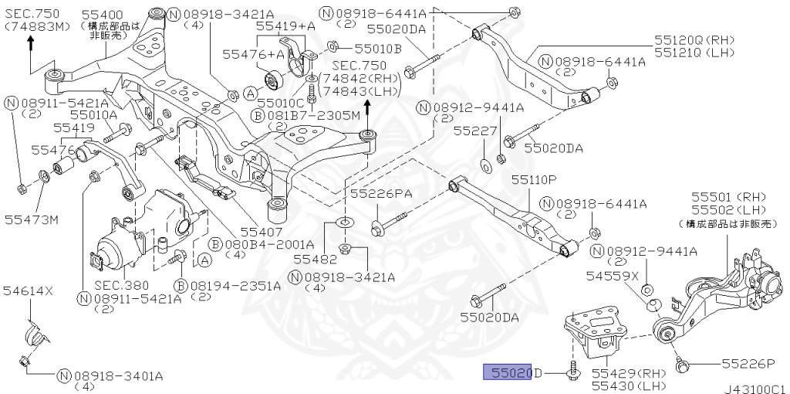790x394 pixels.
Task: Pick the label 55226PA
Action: [x=381, y=193]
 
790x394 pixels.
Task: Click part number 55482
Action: [x=314, y=260]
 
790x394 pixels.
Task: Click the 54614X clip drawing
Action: [x=35, y=333]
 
